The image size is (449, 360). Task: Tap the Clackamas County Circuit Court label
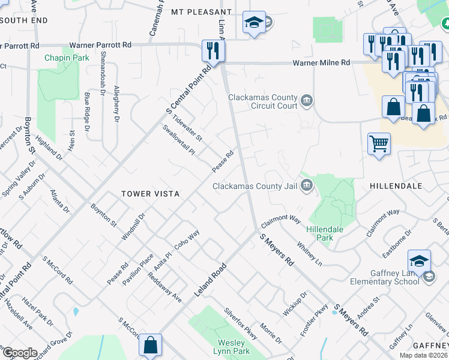(x=262, y=102)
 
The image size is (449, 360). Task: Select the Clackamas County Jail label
(x=255, y=186)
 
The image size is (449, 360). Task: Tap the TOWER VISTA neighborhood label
(x=148, y=194)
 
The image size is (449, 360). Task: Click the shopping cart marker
(x=379, y=144)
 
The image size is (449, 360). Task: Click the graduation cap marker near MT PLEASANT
(x=254, y=23)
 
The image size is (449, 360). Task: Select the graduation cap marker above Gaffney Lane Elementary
(x=419, y=260)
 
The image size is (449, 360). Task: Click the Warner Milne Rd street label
(x=321, y=62)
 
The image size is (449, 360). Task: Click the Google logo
(x=20, y=353)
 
